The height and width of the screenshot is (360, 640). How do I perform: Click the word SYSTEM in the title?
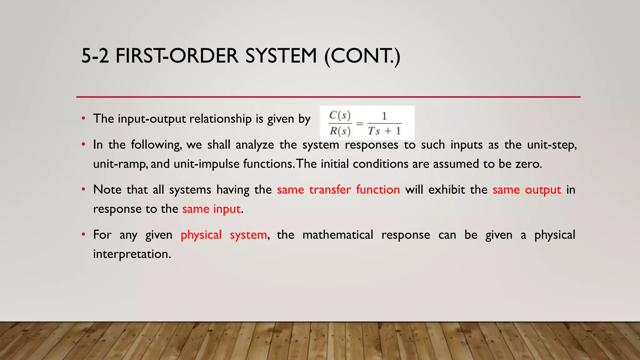coord(281,56)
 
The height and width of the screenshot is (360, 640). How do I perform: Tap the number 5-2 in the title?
coord(95,56)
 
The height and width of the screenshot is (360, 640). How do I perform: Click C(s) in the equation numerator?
coord(340,115)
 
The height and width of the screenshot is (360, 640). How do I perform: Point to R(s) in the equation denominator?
coord(340,131)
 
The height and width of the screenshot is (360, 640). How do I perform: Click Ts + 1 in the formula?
coord(384,131)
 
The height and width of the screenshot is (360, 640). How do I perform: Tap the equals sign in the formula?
coord(360,124)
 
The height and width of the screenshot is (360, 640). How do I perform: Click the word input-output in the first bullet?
coord(152,119)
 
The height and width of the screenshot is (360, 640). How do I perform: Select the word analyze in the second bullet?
coord(255,145)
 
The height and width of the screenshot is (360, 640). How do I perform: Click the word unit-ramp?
coord(120,164)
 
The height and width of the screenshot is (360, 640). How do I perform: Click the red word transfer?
coord(330,190)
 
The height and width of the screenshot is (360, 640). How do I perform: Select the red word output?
coord(543,190)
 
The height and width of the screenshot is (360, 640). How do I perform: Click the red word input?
coord(227,209)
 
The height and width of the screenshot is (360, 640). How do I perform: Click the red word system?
coord(248,235)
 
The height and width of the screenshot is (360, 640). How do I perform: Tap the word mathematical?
coord(338,235)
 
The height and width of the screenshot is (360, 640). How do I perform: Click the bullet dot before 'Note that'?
coord(83,190)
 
